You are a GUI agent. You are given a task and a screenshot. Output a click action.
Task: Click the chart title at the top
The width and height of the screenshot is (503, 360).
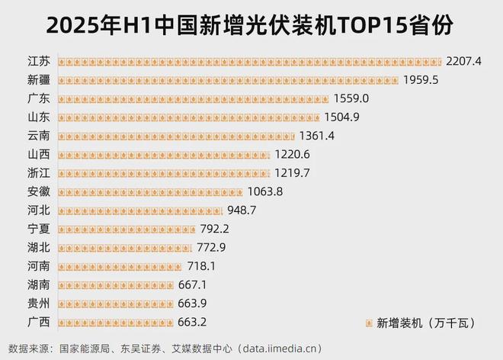click(251, 25)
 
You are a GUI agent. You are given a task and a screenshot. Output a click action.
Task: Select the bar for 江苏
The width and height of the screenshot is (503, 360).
click(249, 61)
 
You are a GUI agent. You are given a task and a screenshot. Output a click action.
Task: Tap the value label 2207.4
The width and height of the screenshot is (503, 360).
click(466, 61)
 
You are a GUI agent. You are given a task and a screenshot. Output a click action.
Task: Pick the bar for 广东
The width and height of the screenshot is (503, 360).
click(193, 98)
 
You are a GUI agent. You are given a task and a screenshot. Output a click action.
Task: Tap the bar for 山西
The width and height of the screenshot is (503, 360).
click(164, 154)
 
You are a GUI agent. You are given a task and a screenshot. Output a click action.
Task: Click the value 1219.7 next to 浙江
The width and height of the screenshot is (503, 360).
click(294, 172)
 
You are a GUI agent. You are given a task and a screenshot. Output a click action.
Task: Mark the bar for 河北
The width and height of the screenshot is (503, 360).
click(140, 210)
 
